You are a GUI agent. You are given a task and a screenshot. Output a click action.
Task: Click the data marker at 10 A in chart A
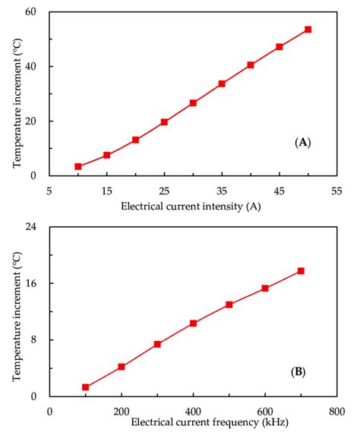point(78,166)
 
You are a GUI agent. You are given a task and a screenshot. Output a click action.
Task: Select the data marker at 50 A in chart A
point(308,30)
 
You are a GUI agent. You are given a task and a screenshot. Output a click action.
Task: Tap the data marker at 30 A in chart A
point(193,102)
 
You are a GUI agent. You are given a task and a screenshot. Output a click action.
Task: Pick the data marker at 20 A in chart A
point(135,140)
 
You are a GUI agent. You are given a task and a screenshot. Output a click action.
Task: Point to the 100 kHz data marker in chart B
point(86,387)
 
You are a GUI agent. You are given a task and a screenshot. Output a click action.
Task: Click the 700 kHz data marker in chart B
point(301,271)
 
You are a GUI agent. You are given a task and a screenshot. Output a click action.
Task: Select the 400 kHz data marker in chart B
point(194,323)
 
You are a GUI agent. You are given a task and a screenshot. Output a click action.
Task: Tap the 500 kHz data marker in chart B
point(229,304)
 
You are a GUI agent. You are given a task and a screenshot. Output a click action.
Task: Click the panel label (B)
point(298,372)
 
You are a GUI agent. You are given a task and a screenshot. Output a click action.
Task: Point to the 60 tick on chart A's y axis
point(36,12)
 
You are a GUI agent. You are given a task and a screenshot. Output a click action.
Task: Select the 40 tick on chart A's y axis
point(36,67)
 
